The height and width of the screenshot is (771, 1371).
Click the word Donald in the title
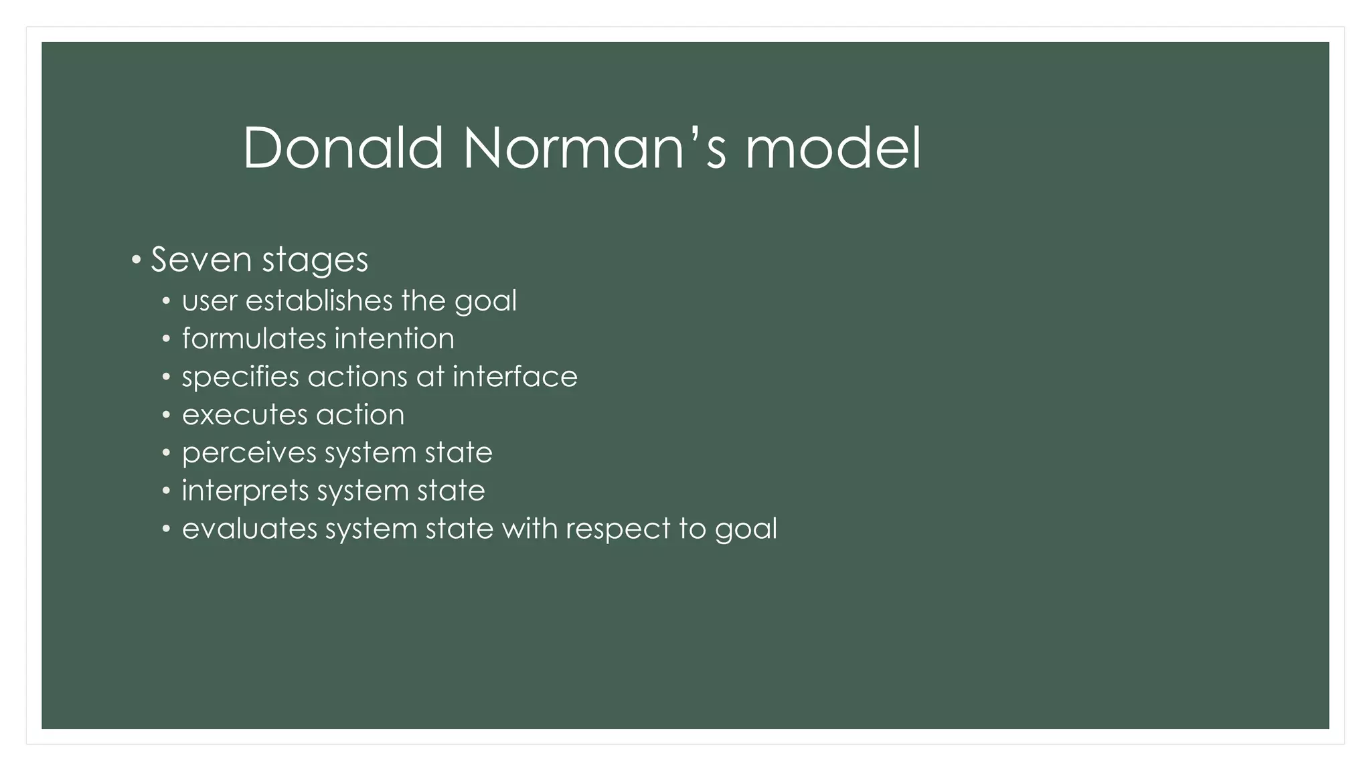point(343,148)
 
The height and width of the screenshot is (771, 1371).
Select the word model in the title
point(833,148)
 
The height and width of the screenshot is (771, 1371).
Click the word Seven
point(201,260)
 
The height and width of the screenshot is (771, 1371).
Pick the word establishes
point(319,301)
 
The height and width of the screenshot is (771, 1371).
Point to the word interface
point(515,377)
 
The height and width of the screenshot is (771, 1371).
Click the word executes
point(244,415)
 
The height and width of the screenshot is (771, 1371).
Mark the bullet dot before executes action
point(166,415)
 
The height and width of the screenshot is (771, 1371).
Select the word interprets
point(245,491)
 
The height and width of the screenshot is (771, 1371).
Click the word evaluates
point(250,529)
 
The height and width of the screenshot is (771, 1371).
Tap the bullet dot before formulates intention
point(166,339)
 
